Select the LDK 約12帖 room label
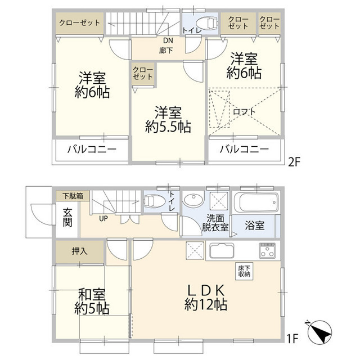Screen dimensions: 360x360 coord(206,298)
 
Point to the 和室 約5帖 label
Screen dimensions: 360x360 coord(94,301)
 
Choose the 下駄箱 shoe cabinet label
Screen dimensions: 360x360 coord(73,196)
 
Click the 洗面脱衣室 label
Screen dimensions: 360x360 coord(215,224)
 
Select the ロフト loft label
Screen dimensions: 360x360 coord(245,111)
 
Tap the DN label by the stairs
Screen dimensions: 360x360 coord(168,40)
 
